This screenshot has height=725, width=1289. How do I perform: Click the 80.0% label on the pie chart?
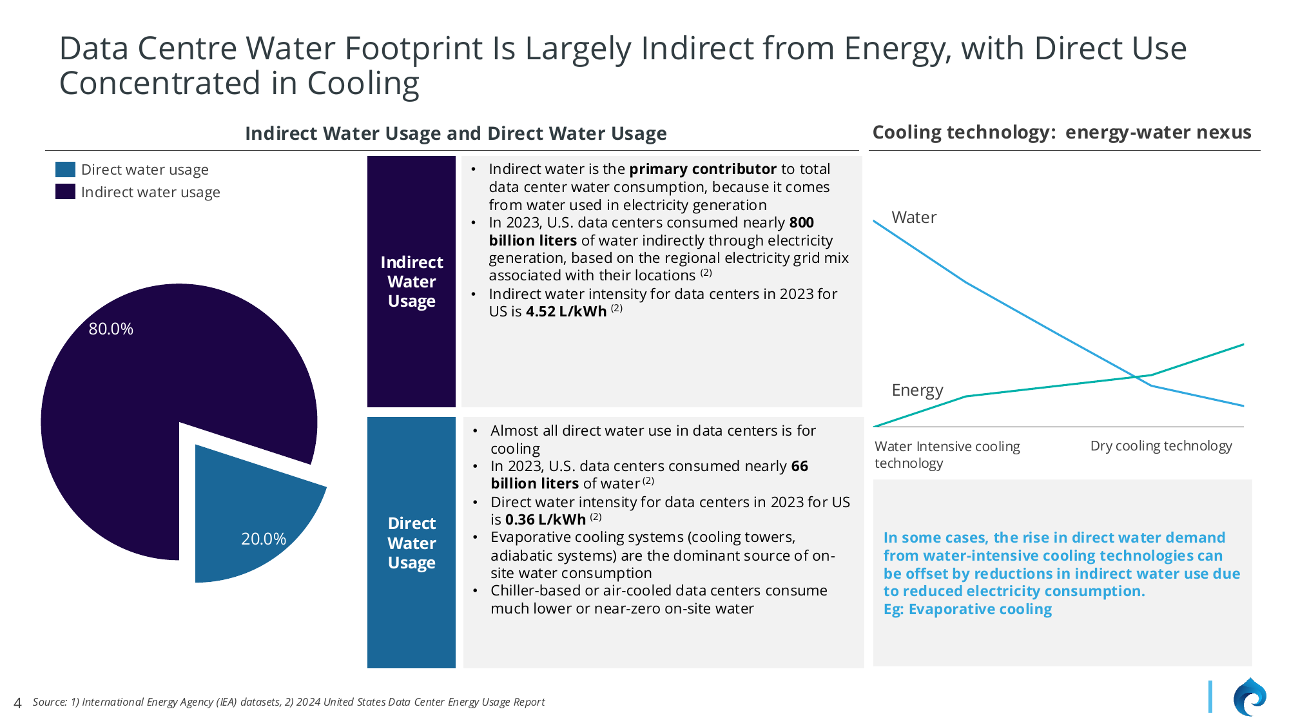click(111, 329)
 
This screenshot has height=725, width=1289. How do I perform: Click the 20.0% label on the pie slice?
click(264, 539)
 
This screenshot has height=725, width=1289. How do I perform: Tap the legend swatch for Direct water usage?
click(65, 169)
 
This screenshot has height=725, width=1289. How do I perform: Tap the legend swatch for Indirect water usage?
click(65, 192)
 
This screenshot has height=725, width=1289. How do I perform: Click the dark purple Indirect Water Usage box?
click(411, 282)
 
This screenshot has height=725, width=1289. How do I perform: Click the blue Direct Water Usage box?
click(411, 543)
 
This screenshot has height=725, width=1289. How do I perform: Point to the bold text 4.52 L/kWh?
click(566, 312)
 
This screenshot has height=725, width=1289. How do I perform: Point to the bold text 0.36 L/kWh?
click(545, 520)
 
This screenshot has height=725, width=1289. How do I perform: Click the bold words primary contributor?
click(703, 169)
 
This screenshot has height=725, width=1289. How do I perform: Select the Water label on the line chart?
click(914, 218)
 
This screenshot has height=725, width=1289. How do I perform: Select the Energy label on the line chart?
click(917, 391)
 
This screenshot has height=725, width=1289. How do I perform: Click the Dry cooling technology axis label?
click(1161, 446)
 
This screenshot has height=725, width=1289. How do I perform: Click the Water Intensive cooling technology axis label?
click(946, 454)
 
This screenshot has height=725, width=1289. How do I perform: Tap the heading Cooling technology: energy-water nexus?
click(1061, 132)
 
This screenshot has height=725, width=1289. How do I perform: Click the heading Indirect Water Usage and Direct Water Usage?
click(456, 133)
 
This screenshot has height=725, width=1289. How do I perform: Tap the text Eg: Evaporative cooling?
click(967, 610)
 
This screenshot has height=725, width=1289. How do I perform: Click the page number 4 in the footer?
click(17, 703)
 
